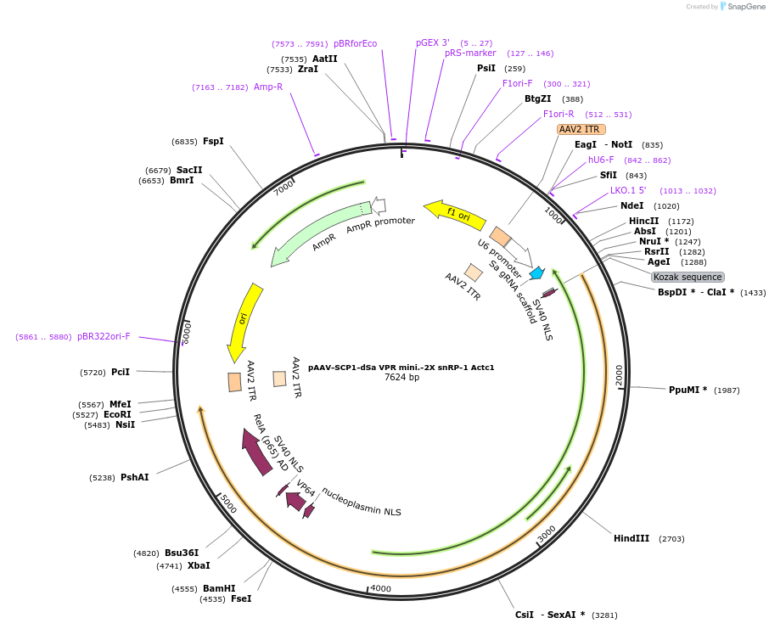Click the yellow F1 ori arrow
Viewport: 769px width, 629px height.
pos(455,216)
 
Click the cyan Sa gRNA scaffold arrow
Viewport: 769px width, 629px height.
pos(536,273)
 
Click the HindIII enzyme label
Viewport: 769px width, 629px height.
pos(631,538)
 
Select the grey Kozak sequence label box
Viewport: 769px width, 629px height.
pos(688,277)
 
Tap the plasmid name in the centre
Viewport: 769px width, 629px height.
pos(401,368)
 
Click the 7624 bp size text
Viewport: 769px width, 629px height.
pos(401,377)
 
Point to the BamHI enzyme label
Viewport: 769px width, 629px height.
pos(218,588)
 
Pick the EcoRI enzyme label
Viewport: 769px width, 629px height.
pos(117,414)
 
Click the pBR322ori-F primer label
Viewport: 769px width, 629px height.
pos(104,336)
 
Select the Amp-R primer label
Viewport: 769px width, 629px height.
pos(268,87)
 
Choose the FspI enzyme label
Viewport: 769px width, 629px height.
pos(213,141)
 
